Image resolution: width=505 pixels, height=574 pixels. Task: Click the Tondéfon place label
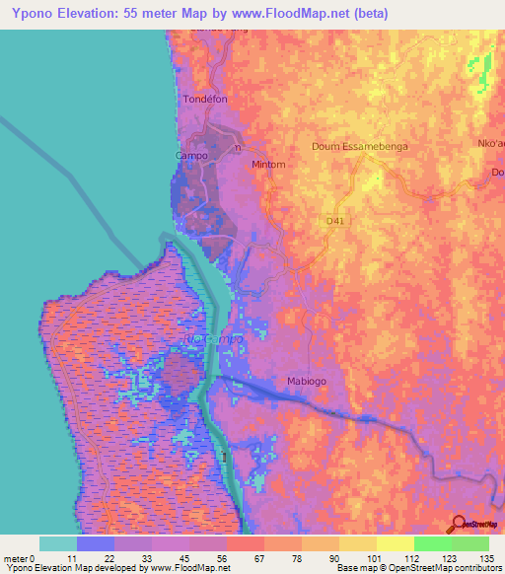coord(205,100)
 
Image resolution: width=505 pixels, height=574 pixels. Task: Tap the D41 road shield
coord(337,222)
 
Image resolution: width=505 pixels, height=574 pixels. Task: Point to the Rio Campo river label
coord(212,340)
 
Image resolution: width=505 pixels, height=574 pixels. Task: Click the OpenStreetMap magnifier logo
coord(456,525)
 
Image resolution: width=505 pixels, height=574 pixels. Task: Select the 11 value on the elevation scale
coord(76,558)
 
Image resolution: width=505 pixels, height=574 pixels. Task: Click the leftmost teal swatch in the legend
coord(57,543)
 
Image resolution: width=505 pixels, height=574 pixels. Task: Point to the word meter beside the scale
coord(17,558)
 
